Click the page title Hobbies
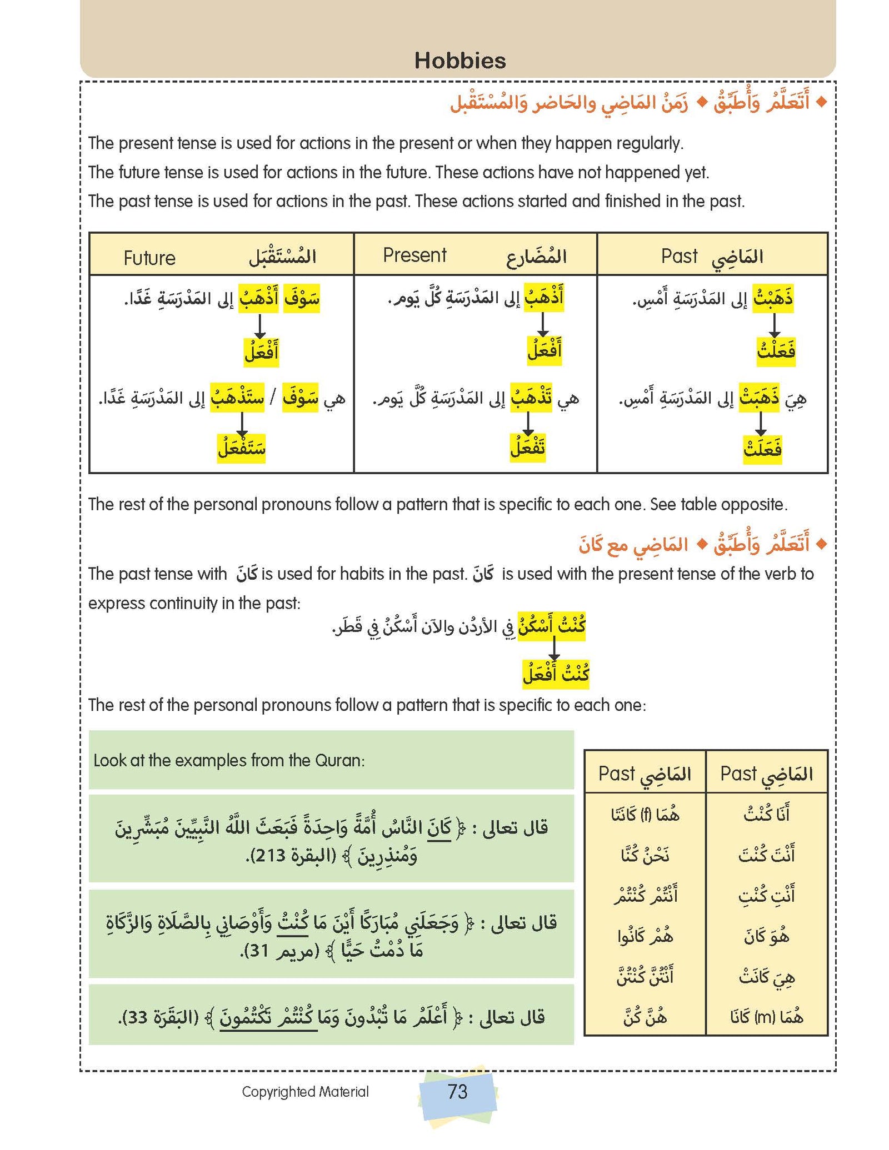[x=460, y=61]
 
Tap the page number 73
[x=457, y=1091]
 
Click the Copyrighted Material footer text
[x=305, y=1092]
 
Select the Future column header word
[x=149, y=258]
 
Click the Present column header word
[x=414, y=255]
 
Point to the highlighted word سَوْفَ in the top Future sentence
[x=302, y=299]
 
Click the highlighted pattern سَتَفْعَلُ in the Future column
[x=241, y=448]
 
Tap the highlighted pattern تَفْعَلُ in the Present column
[x=528, y=448]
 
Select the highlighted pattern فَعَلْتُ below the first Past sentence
[x=776, y=351]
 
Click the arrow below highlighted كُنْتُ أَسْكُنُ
[x=553, y=649]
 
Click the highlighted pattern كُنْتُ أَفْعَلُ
[x=556, y=674]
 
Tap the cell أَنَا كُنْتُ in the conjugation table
[x=766, y=814]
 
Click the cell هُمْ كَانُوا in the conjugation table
[x=645, y=937]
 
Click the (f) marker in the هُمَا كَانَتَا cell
[x=646, y=815]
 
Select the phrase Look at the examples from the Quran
[x=229, y=760]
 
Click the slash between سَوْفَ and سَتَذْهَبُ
[x=273, y=399]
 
